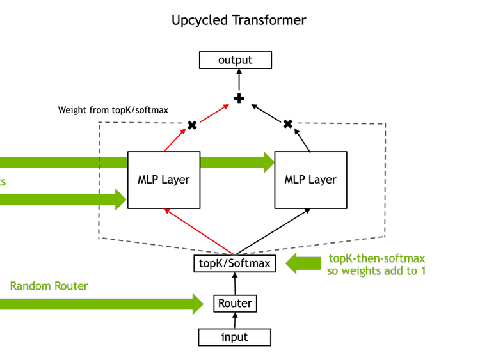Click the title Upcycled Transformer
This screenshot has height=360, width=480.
(x=239, y=20)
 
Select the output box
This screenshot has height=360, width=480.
(x=236, y=60)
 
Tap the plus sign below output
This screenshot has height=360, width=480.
(x=239, y=98)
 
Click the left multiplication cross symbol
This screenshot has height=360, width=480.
(x=191, y=125)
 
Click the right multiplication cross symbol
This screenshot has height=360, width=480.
(x=288, y=124)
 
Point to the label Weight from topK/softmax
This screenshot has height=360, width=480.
(x=113, y=110)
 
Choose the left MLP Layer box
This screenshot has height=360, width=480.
(x=164, y=180)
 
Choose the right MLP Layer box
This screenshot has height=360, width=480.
(x=310, y=180)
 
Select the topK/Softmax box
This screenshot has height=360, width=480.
(x=235, y=263)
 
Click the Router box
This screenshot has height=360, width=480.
(x=235, y=303)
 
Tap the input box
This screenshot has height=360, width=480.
(x=235, y=337)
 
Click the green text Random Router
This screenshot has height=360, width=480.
(x=49, y=286)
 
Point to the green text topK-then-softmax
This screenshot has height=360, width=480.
(x=377, y=258)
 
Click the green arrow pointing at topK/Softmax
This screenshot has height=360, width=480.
(x=303, y=263)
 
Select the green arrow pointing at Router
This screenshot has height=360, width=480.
(x=102, y=303)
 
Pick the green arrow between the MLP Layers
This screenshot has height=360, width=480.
(x=237, y=162)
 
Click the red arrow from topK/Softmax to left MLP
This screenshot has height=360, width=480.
(x=200, y=231)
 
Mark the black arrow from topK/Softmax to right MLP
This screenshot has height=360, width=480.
(x=273, y=231)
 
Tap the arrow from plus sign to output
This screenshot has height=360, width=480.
(x=239, y=81)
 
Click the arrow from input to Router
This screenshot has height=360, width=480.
(x=235, y=321)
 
